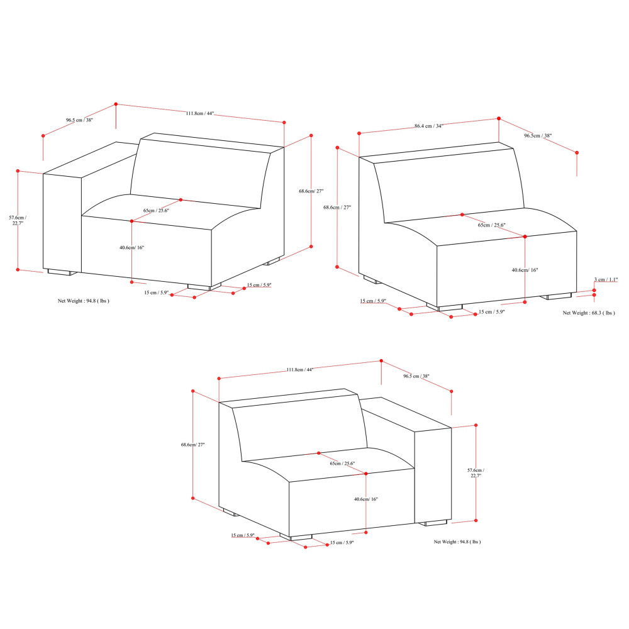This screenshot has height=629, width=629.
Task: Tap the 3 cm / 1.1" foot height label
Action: pos(606,279)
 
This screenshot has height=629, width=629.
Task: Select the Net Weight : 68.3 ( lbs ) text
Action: pos(589,313)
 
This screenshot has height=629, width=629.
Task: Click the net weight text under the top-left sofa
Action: pos(84,301)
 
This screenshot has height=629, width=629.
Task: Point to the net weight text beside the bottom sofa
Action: pos(457,542)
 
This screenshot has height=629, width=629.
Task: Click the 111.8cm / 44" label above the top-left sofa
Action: pos(200,114)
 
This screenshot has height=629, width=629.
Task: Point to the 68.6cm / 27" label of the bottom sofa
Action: pos(193,445)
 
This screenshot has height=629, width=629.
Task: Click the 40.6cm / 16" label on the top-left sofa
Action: pos(132,248)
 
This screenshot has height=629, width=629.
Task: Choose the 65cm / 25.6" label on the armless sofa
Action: pos(493,225)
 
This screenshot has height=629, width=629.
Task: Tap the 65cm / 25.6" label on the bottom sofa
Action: pos(342,464)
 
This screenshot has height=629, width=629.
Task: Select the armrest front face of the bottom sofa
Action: pos(433,475)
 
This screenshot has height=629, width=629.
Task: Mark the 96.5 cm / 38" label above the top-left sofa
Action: pos(79,120)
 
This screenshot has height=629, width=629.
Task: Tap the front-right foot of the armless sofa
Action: pos(559,296)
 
